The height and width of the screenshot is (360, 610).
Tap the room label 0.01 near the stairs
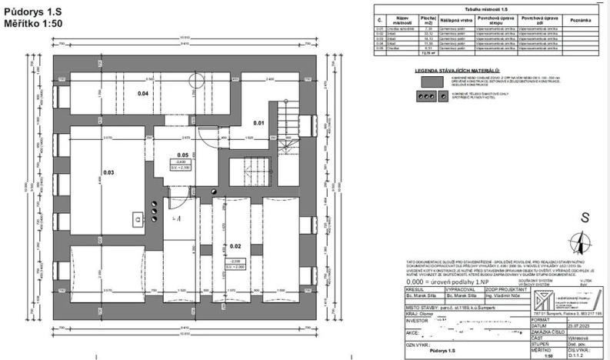pyautogui.click(x=259, y=123)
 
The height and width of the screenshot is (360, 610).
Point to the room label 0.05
pyautogui.click(x=182, y=154)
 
